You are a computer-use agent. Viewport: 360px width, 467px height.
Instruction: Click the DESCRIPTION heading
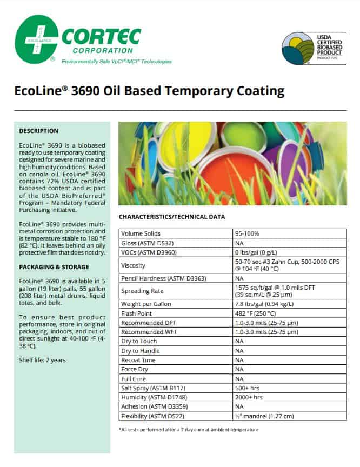(39, 131)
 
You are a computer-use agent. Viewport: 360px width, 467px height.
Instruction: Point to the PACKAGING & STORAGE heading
(54, 267)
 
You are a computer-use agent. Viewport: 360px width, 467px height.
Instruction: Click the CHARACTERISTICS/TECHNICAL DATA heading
(171, 217)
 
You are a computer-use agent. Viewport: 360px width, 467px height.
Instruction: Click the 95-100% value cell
(247, 234)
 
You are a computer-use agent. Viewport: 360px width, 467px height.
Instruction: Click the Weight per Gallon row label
(145, 304)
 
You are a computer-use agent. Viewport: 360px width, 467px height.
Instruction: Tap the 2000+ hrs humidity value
(249, 397)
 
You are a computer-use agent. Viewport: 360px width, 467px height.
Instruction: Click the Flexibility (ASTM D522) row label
(150, 416)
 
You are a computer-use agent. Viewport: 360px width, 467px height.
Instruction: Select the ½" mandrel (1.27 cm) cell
(264, 416)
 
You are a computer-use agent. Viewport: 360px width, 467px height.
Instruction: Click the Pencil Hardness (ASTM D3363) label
(156, 278)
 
